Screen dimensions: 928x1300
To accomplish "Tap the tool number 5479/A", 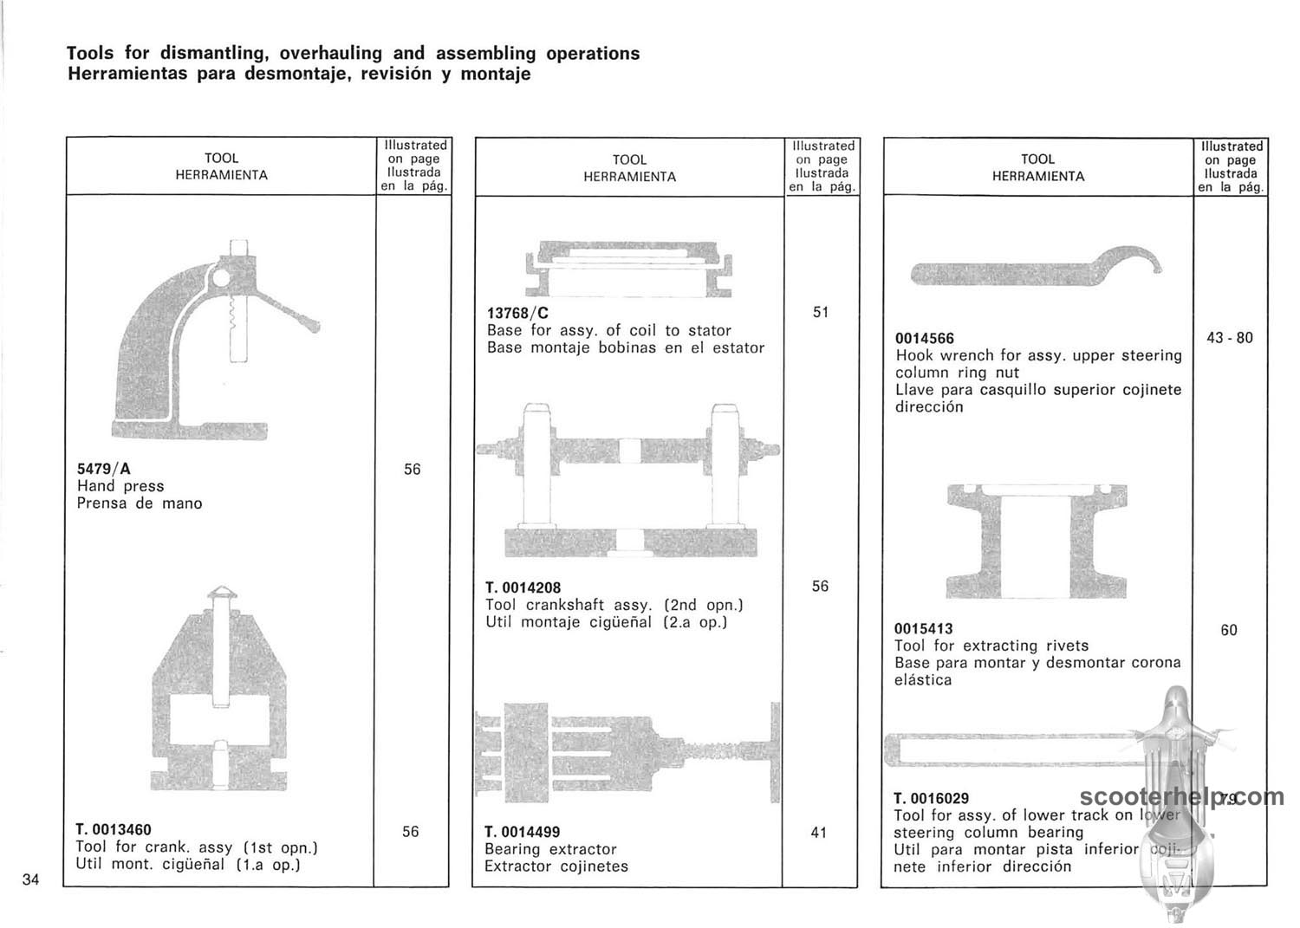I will click(104, 470).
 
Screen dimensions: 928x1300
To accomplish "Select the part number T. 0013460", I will click(114, 830).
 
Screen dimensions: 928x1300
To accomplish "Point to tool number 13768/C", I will click(517, 314).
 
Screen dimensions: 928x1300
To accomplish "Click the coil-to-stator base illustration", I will click(630, 269).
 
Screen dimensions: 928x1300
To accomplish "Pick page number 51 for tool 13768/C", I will click(821, 313).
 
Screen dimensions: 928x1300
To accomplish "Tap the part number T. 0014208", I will click(523, 587).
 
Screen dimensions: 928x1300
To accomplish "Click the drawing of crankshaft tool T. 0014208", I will click(629, 481).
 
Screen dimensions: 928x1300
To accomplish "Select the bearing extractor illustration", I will click(629, 750).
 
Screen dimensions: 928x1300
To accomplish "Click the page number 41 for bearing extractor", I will click(819, 833).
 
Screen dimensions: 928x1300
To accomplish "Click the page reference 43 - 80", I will click(1229, 338).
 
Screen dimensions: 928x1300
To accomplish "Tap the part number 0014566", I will click(925, 339).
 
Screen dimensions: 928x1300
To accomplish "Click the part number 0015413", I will click(924, 629).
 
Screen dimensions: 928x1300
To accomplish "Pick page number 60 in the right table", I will click(1229, 631).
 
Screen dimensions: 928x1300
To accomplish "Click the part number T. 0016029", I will click(932, 798).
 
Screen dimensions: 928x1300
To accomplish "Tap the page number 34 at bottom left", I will click(31, 880).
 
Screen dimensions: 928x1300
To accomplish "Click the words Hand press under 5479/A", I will click(120, 487).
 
